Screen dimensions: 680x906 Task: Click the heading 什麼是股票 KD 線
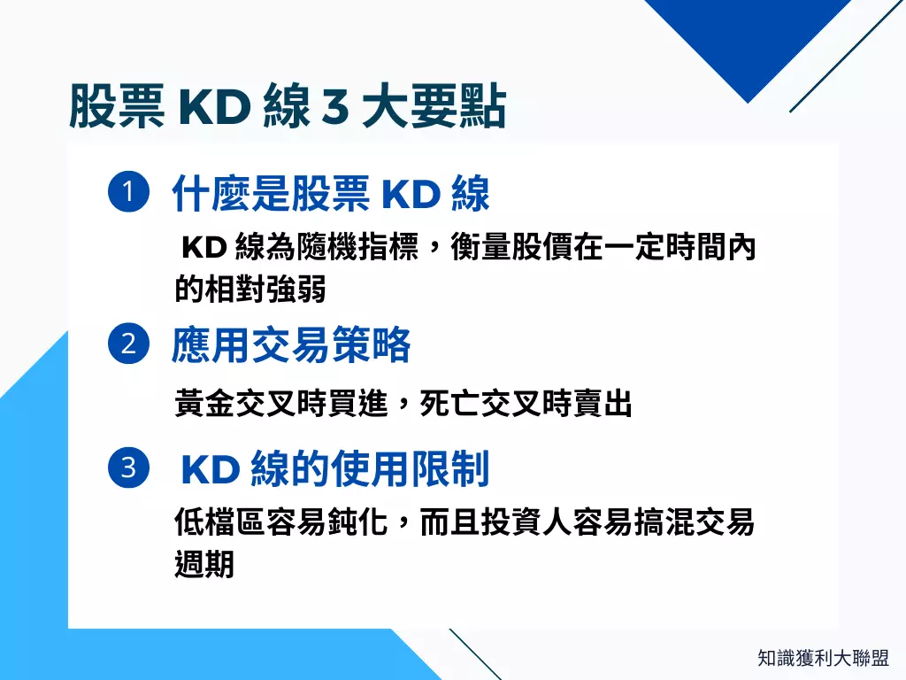[330, 195]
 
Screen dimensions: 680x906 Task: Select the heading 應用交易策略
[291, 345]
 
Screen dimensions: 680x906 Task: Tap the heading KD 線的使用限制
[334, 469]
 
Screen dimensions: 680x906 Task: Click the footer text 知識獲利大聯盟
[823, 658]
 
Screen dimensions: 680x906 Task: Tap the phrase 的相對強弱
[250, 289]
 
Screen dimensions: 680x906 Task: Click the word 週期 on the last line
[204, 563]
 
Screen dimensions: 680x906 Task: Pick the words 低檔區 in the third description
[220, 522]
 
